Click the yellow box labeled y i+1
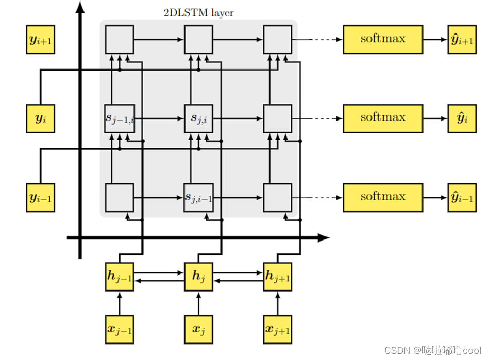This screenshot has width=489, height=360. [41, 40]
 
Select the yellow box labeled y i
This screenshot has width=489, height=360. [41, 118]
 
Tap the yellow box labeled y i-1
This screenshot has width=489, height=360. [41, 198]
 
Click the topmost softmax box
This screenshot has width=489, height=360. [382, 39]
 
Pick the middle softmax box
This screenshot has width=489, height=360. [382, 118]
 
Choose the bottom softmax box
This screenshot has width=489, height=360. [382, 197]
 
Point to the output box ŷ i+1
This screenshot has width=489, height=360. [462, 39]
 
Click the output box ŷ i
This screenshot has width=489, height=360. [462, 118]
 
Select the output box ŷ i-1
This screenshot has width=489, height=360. [462, 198]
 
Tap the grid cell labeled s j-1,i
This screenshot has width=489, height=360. [120, 118]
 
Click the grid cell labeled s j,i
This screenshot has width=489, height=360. [199, 118]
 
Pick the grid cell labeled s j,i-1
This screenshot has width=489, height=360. [199, 198]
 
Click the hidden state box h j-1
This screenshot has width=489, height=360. [120, 277]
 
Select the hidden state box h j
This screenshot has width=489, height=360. [199, 277]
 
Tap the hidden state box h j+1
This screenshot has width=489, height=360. [278, 277]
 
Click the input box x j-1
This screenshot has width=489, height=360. [120, 329]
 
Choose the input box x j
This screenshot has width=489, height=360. [199, 329]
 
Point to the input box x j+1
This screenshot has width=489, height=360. [278, 329]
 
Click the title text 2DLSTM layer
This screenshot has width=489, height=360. [198, 13]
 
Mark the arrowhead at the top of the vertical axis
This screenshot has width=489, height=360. [80, 7]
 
